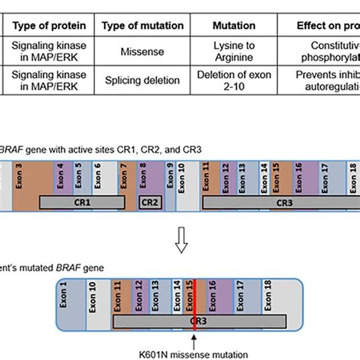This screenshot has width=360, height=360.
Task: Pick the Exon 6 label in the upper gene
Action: (96, 180)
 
